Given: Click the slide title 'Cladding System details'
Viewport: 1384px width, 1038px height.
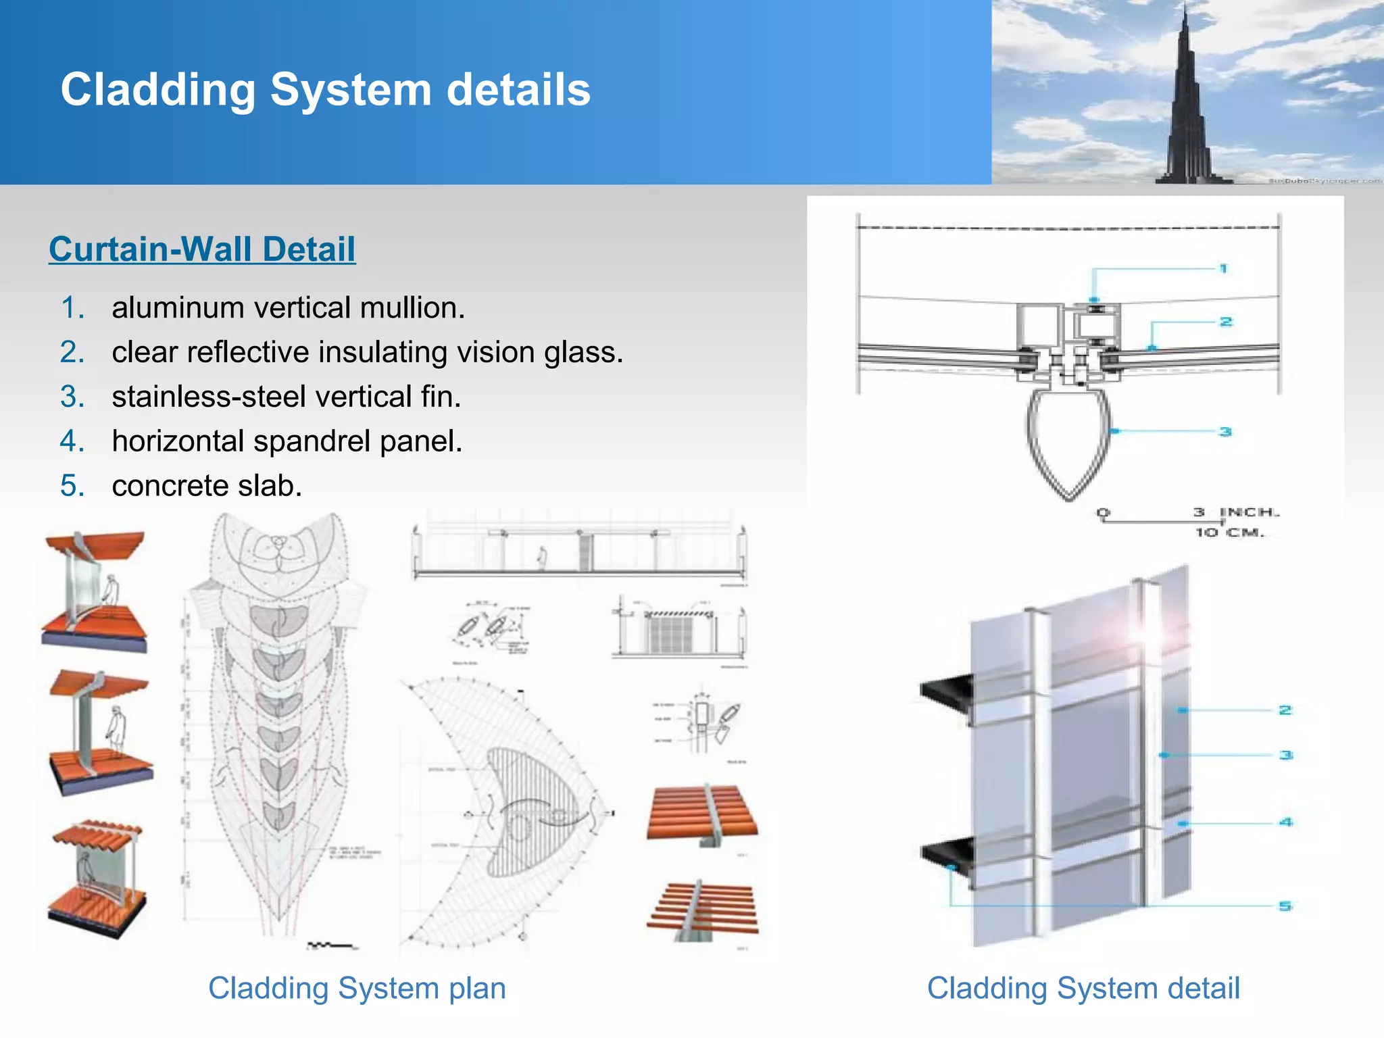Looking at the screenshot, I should [325, 90].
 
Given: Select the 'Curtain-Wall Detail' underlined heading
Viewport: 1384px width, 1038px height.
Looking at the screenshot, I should [202, 249].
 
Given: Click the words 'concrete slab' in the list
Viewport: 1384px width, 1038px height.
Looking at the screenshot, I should [207, 487].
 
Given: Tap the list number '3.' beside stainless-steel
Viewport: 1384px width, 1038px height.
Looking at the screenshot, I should [72, 397].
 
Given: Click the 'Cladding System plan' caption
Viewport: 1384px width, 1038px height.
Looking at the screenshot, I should [357, 989].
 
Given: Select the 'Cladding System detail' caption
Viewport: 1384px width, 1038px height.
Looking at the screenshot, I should [1083, 989].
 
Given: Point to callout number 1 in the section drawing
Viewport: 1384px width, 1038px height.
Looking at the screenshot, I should [1223, 269].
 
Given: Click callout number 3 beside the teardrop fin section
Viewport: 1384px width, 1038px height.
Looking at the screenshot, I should [1225, 432].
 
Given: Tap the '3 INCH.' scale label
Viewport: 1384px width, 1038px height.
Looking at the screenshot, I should [1236, 512].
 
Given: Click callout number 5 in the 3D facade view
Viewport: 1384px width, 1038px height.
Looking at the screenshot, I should [1285, 906].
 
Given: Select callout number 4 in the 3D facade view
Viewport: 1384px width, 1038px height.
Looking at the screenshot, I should [1285, 822].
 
